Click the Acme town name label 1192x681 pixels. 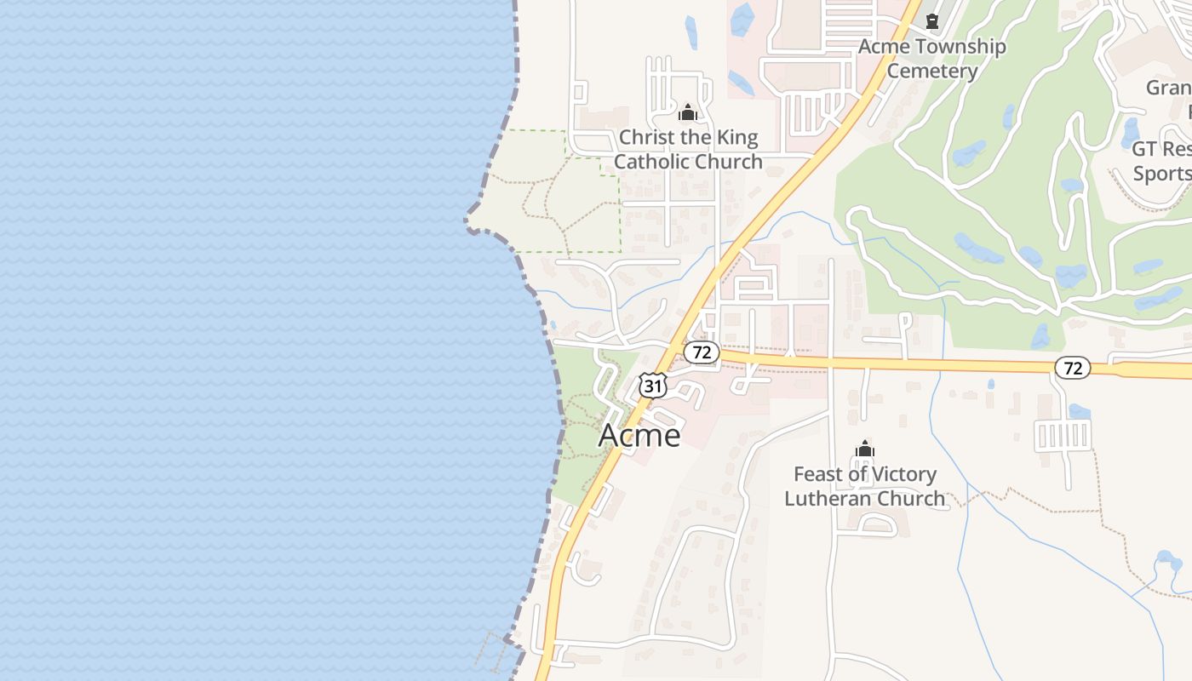click(639, 435)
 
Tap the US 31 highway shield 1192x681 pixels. click(652, 386)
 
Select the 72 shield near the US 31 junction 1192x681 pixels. click(702, 352)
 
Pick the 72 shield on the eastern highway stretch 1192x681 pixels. click(1072, 368)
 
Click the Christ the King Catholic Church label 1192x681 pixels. click(688, 149)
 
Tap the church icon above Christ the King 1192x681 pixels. click(688, 112)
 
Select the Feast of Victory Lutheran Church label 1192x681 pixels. click(864, 486)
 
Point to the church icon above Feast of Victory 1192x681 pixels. click(865, 449)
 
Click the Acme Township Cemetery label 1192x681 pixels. click(931, 58)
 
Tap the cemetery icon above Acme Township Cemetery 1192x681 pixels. click(932, 20)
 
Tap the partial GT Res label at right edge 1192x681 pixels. click(1161, 150)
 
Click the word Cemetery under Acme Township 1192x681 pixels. click(931, 71)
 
